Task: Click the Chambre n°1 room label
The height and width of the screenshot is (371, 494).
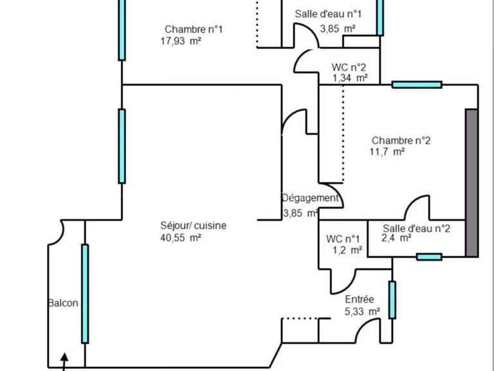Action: point(194,30)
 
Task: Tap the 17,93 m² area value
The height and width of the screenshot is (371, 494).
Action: point(181,41)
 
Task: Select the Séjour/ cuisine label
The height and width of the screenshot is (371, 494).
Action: point(194,225)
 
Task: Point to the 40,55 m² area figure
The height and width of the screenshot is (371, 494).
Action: point(181,238)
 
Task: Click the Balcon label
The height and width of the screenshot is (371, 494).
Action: point(63,303)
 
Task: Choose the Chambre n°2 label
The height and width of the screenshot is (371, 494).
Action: point(401,140)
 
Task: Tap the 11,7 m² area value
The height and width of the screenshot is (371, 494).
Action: point(387,152)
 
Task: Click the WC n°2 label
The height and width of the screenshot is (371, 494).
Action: point(349,67)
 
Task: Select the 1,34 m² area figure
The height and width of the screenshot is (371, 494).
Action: point(351,78)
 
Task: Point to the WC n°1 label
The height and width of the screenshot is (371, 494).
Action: point(343,239)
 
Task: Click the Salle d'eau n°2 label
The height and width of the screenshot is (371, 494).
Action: point(417,228)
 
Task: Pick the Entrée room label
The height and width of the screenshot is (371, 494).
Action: point(360,299)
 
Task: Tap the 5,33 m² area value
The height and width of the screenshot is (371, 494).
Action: point(362,312)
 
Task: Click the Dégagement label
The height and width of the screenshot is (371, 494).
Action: point(310,198)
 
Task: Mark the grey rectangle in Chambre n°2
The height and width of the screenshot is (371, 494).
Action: point(472,183)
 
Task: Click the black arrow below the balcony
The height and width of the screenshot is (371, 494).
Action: point(64,361)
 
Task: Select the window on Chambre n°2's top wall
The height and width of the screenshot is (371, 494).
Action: point(417,84)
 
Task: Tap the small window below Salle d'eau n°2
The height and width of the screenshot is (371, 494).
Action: point(429,257)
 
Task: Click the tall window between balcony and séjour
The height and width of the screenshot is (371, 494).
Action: point(85,294)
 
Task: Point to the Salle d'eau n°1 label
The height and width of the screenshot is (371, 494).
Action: point(328,14)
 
